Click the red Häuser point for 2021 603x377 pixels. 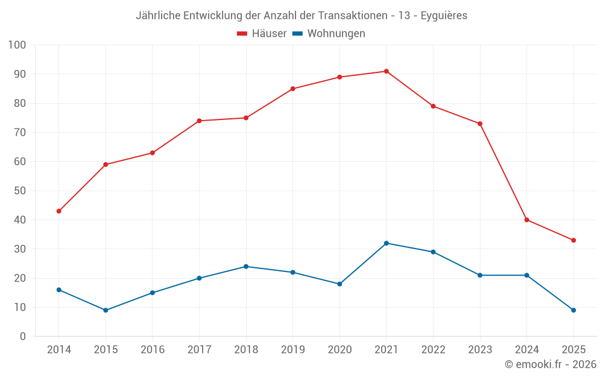(387, 71)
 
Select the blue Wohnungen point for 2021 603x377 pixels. (387, 243)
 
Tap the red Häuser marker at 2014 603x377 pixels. (59, 211)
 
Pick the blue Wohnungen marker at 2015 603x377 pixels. (106, 310)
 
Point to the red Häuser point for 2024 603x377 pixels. (527, 220)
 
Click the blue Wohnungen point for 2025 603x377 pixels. (573, 310)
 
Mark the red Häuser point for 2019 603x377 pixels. (293, 89)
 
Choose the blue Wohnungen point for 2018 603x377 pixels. (246, 267)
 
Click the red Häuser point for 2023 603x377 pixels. (480, 124)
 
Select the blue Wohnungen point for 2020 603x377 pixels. (339, 284)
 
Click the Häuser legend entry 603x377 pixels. (262, 34)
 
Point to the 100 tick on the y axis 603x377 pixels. (17, 45)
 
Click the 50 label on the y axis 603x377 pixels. (20, 191)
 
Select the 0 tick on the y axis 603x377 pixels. (23, 337)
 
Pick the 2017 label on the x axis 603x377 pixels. (199, 350)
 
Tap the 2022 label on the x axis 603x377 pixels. (433, 350)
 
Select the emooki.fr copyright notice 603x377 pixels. (550, 364)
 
